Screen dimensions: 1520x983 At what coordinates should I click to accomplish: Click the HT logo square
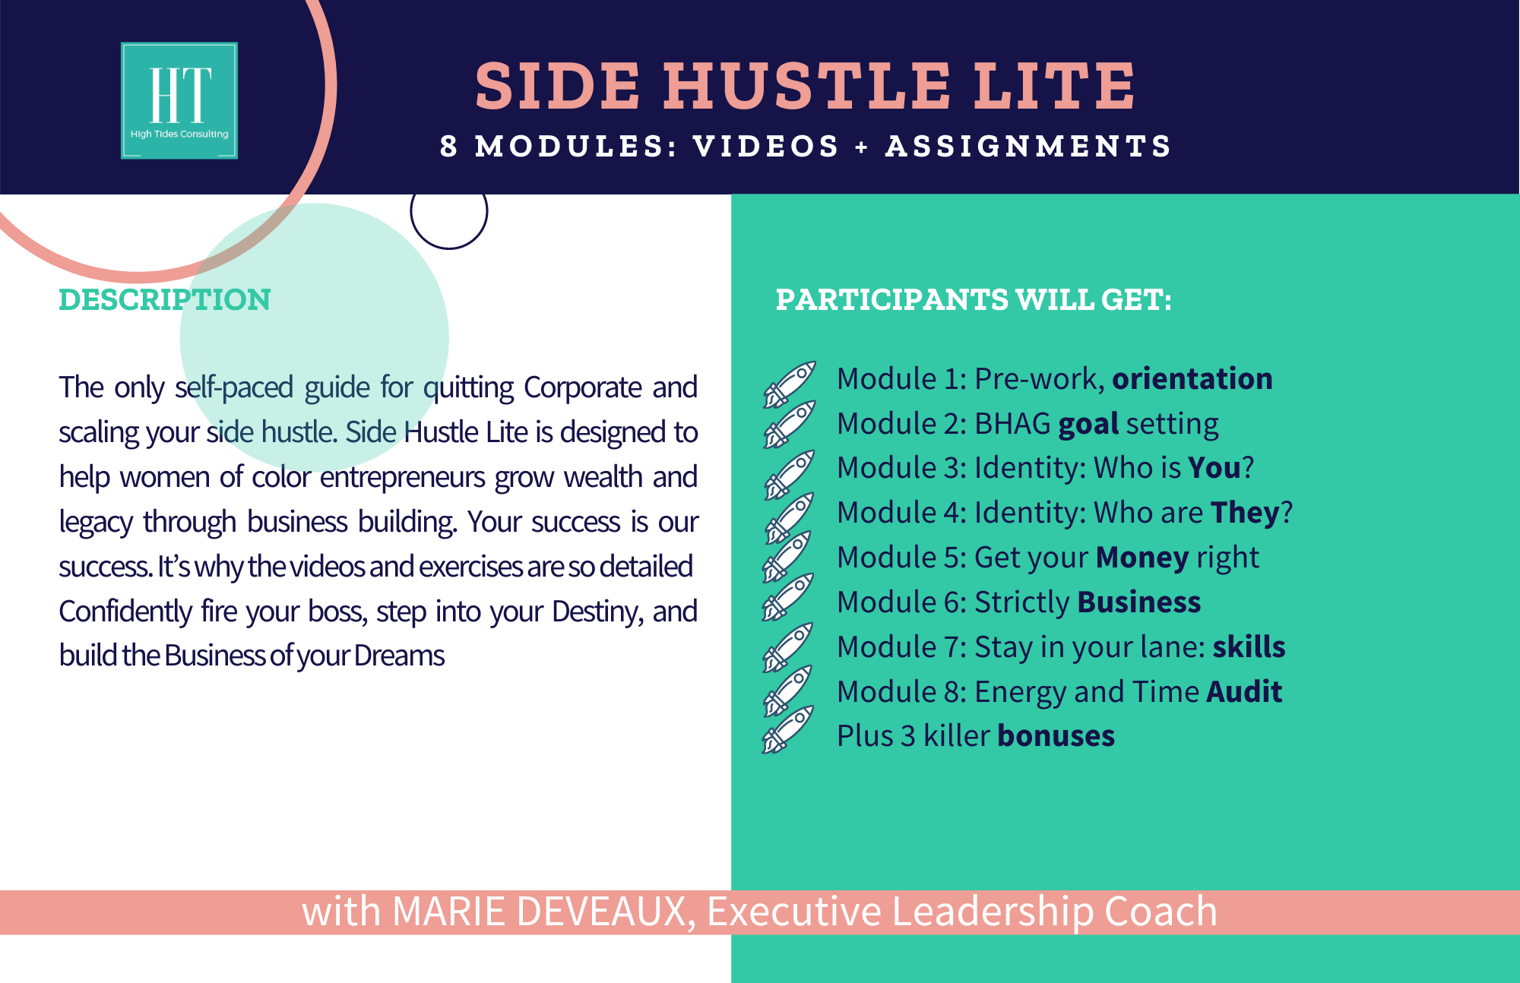[x=179, y=100]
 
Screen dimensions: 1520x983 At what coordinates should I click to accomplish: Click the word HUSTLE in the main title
[x=807, y=85]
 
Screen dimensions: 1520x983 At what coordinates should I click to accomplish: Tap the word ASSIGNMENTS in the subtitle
[x=1028, y=146]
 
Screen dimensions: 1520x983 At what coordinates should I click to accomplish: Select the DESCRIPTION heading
[x=165, y=299]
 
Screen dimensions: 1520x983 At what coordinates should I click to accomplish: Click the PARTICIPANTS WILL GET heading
[x=974, y=299]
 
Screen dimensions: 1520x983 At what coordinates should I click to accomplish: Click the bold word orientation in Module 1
[x=1192, y=378]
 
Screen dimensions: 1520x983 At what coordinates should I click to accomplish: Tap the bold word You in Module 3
[x=1214, y=468]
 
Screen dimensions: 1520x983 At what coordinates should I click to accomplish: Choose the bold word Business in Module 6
[x=1139, y=602]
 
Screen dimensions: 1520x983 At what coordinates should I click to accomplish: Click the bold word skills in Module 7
[x=1249, y=646]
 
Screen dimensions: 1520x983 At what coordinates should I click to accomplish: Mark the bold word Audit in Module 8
[x=1244, y=691]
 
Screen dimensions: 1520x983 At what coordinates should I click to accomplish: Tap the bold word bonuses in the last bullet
[x=1056, y=736]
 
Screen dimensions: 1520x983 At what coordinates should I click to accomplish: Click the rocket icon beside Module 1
[x=790, y=384]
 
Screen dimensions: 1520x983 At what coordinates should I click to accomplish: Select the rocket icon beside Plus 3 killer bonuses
[x=788, y=730]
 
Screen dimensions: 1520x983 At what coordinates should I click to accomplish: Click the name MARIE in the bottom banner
[x=448, y=912]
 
